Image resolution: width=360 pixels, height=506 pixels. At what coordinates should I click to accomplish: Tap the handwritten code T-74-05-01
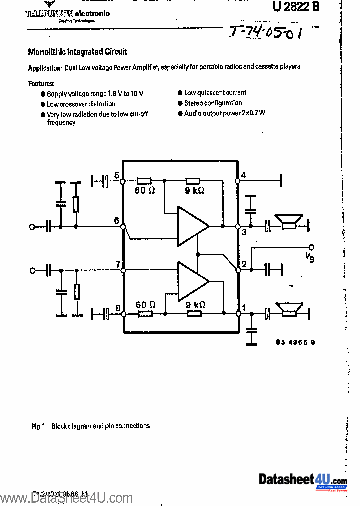pos(267,34)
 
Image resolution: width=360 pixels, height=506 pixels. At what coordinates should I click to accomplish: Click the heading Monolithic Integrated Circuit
pos(77,52)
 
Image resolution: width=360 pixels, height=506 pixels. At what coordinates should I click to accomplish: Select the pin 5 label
pos(116,175)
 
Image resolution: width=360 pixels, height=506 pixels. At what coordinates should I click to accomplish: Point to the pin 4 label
pos(243,175)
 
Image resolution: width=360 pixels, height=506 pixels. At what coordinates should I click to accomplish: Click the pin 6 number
pos(116,221)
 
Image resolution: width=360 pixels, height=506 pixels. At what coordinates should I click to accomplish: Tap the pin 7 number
pos(117,264)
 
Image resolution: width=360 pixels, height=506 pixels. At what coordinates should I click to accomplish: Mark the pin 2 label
pos(244,264)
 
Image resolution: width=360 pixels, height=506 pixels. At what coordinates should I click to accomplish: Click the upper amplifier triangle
pos(192,226)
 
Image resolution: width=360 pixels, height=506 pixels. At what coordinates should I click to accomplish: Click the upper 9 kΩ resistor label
pos(194,191)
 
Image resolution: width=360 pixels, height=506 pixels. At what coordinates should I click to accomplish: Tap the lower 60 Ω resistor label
pos(145,304)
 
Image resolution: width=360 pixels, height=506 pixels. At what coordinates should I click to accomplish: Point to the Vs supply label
pos(310,257)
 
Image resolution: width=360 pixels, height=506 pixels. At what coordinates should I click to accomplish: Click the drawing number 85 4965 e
pos(295,342)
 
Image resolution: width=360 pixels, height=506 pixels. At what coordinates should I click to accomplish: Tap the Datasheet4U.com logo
pos(302,481)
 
